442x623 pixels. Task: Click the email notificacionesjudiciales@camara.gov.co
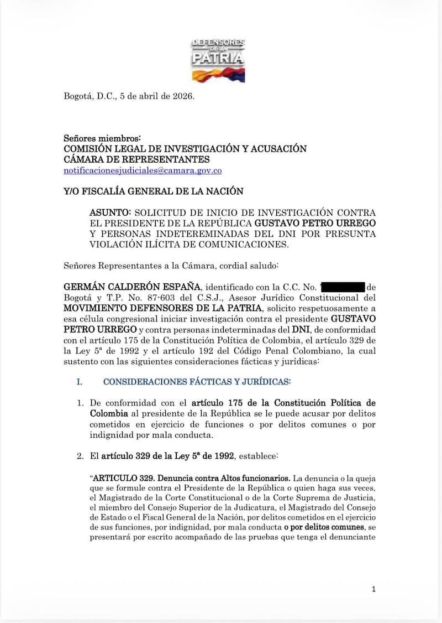point(143,171)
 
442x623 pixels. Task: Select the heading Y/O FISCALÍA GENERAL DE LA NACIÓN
point(154,191)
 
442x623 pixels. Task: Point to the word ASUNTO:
point(110,212)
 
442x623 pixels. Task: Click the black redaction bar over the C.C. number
point(342,287)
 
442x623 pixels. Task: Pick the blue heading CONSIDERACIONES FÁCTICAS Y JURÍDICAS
point(196,382)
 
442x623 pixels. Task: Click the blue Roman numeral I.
point(80,382)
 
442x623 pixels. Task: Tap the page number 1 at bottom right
point(374,589)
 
